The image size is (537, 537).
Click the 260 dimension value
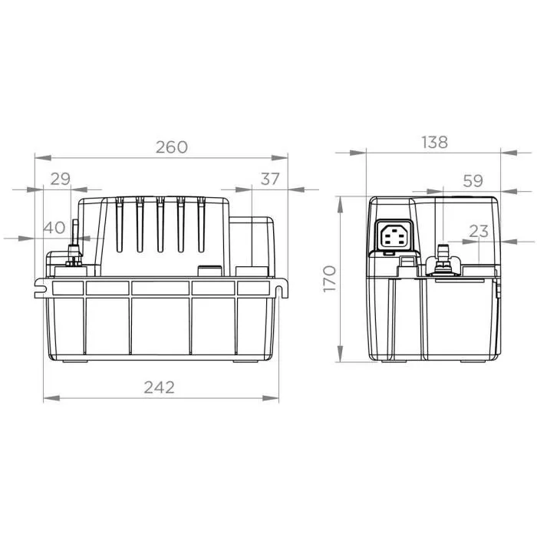click(171, 147)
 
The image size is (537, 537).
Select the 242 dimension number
click(159, 387)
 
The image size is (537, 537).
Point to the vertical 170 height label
click(329, 278)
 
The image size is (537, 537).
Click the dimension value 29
click(60, 179)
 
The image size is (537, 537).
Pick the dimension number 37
click(271, 179)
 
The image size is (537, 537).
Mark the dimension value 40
click(54, 228)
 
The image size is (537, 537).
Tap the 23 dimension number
click(478, 231)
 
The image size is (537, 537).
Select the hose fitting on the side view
click(442, 257)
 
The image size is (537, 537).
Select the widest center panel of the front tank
click(160, 322)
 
